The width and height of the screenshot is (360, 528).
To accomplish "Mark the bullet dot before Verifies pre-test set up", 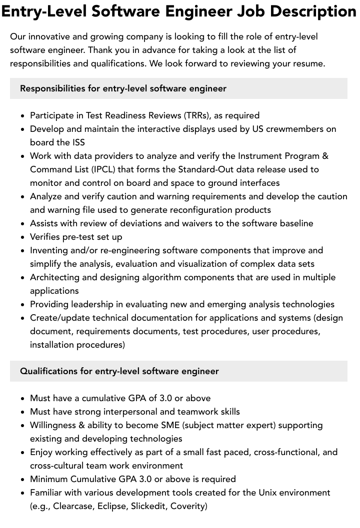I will point(23,237).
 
